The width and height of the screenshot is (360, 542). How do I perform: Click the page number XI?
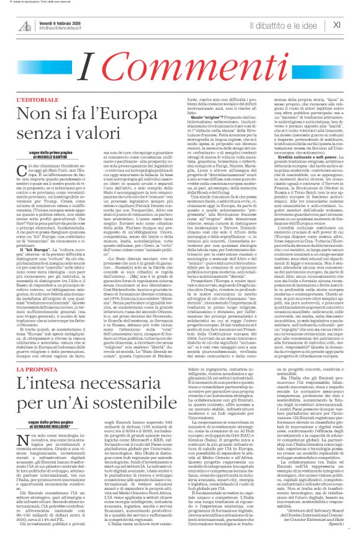pyautogui.click(x=338, y=25)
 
